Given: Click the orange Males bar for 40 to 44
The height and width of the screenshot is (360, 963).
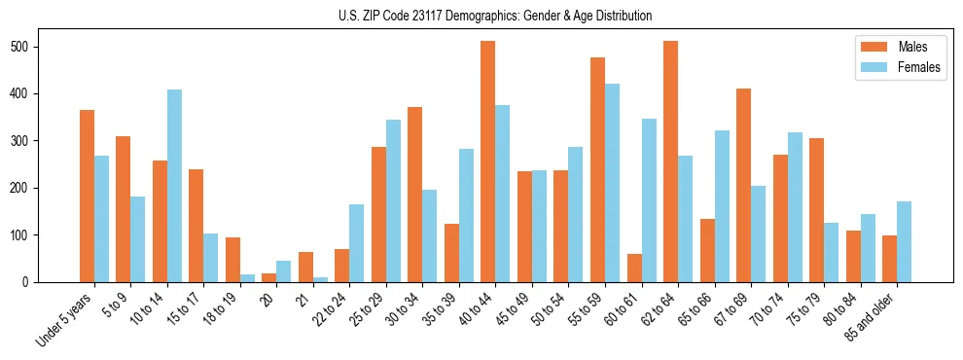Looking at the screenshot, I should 488,162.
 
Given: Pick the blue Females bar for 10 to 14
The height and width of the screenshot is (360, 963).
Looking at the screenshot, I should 174,186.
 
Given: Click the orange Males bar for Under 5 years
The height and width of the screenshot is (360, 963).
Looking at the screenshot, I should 88,196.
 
